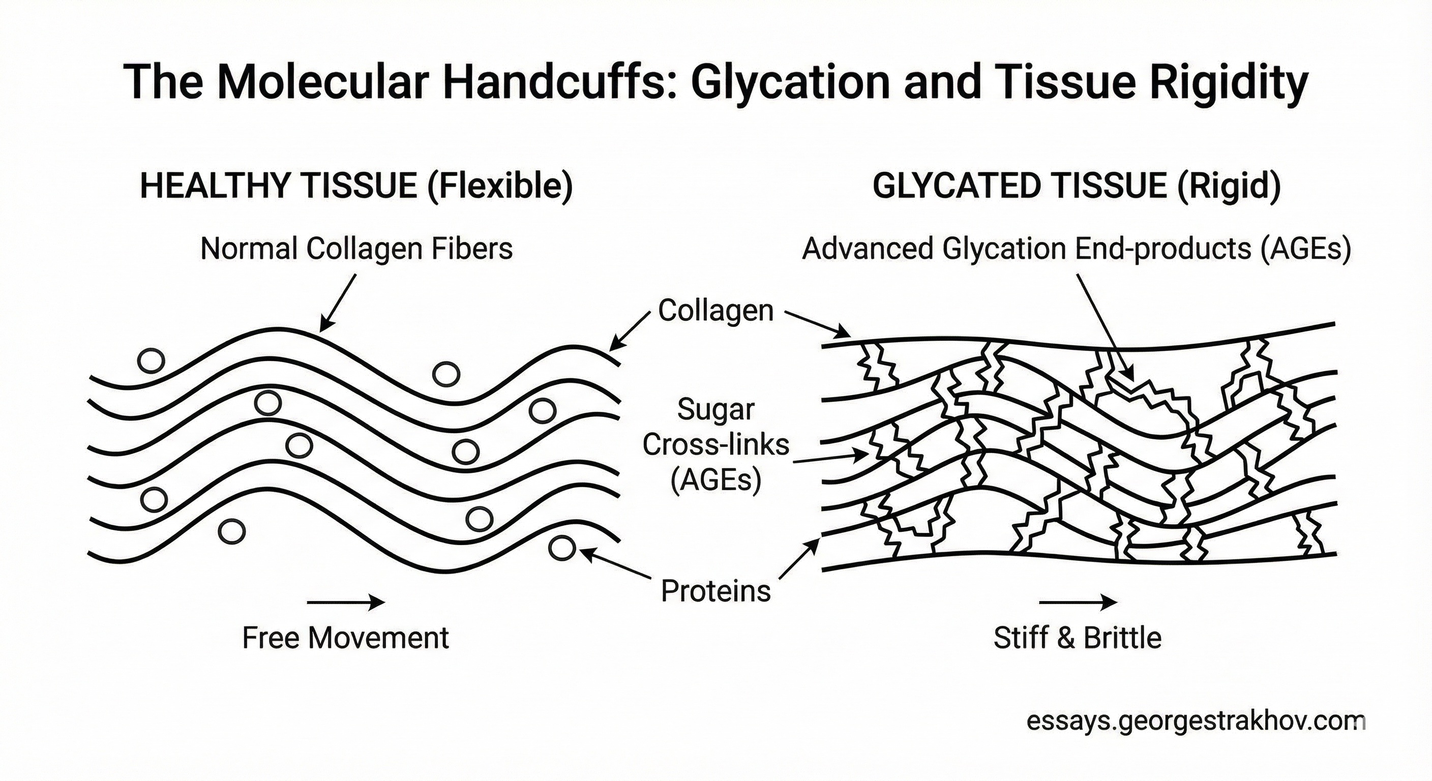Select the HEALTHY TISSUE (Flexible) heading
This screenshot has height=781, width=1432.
click(x=356, y=186)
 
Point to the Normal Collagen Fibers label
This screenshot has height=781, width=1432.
click(x=356, y=249)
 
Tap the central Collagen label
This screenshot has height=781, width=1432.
click(x=715, y=310)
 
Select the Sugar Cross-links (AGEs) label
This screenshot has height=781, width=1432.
click(x=715, y=445)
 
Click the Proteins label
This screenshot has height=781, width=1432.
click(x=715, y=590)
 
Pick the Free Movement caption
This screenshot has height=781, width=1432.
click(x=345, y=638)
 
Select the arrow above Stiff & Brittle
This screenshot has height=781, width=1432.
click(x=1078, y=602)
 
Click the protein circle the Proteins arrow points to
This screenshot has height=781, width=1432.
click(x=561, y=548)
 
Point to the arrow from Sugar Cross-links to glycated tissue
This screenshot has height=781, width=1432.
click(x=829, y=458)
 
